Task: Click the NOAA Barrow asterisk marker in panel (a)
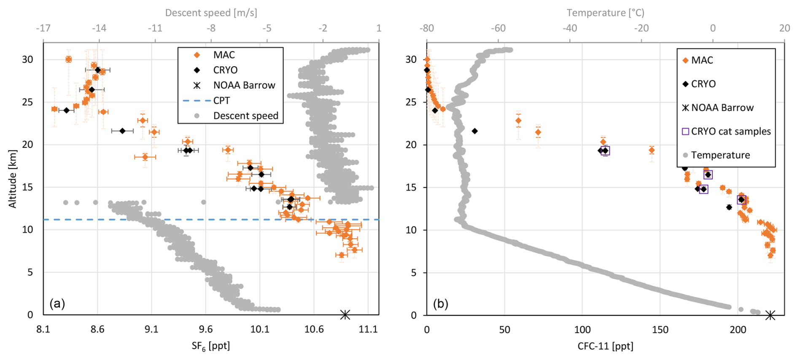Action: coord(345,314)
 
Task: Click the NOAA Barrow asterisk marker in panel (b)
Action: coord(770,315)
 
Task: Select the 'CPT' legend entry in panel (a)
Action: coord(221,101)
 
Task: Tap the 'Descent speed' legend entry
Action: coord(245,116)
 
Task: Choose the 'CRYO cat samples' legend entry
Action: coord(731,132)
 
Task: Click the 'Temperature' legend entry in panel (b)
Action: coord(720,155)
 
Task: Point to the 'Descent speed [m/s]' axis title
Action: coord(211,13)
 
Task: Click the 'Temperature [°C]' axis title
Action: coord(605,13)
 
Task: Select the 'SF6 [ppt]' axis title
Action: coord(211,346)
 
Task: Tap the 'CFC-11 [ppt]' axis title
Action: coord(605,346)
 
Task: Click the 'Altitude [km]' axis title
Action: coord(13,179)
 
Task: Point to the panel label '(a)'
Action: coord(57,303)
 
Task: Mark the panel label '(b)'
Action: coord(441,304)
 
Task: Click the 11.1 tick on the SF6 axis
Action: coord(368,329)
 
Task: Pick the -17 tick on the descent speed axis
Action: coord(43,28)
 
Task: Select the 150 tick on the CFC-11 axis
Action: coord(660,330)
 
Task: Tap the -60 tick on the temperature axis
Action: coord(498,28)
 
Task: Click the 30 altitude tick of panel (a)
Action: coord(27,59)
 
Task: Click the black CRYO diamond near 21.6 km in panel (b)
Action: coord(474,131)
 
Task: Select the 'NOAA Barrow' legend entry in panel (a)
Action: coord(244,86)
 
